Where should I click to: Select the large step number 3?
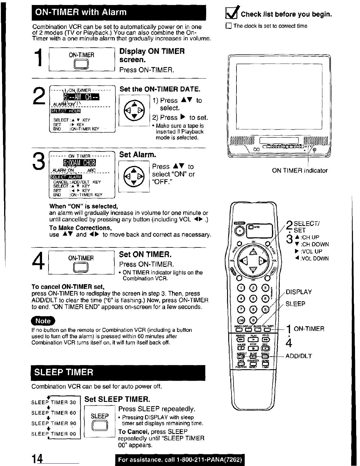(39, 161)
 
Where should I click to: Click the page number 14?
(38, 459)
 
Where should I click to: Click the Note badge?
(43, 321)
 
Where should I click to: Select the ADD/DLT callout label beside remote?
(299, 356)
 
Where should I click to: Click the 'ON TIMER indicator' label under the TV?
(299, 171)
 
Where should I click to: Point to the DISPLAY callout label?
(299, 292)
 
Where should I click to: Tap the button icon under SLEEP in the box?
(100, 426)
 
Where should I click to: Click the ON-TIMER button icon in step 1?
(82, 64)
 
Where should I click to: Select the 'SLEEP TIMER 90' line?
(54, 423)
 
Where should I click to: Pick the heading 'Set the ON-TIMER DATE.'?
(160, 89)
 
